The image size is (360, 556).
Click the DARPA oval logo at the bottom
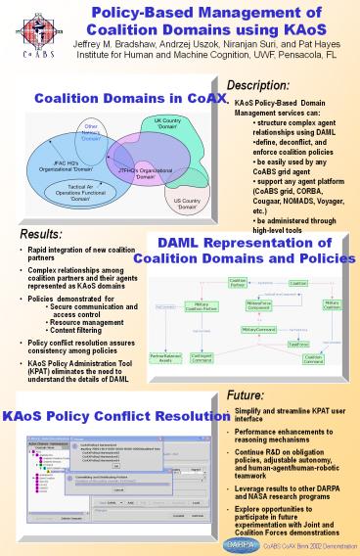pos(220,541)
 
